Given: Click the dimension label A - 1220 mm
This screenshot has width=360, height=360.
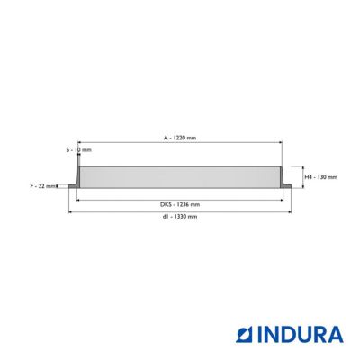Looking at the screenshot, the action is (180, 138).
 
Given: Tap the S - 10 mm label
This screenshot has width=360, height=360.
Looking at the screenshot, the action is (79, 149).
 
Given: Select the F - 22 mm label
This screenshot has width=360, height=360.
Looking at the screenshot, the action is (43, 186).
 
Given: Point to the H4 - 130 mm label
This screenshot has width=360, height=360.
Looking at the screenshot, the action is (321, 177).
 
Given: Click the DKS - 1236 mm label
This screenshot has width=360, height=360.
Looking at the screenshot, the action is (180, 205).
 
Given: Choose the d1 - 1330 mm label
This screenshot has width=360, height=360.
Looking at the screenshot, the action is (180, 216).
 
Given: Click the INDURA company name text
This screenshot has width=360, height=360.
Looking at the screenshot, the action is (301, 335).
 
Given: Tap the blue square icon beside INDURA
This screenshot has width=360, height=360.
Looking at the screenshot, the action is (245, 335).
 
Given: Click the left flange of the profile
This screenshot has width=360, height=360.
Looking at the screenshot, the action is (73, 186).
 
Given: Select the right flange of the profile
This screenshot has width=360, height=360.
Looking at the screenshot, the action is (287, 186).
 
